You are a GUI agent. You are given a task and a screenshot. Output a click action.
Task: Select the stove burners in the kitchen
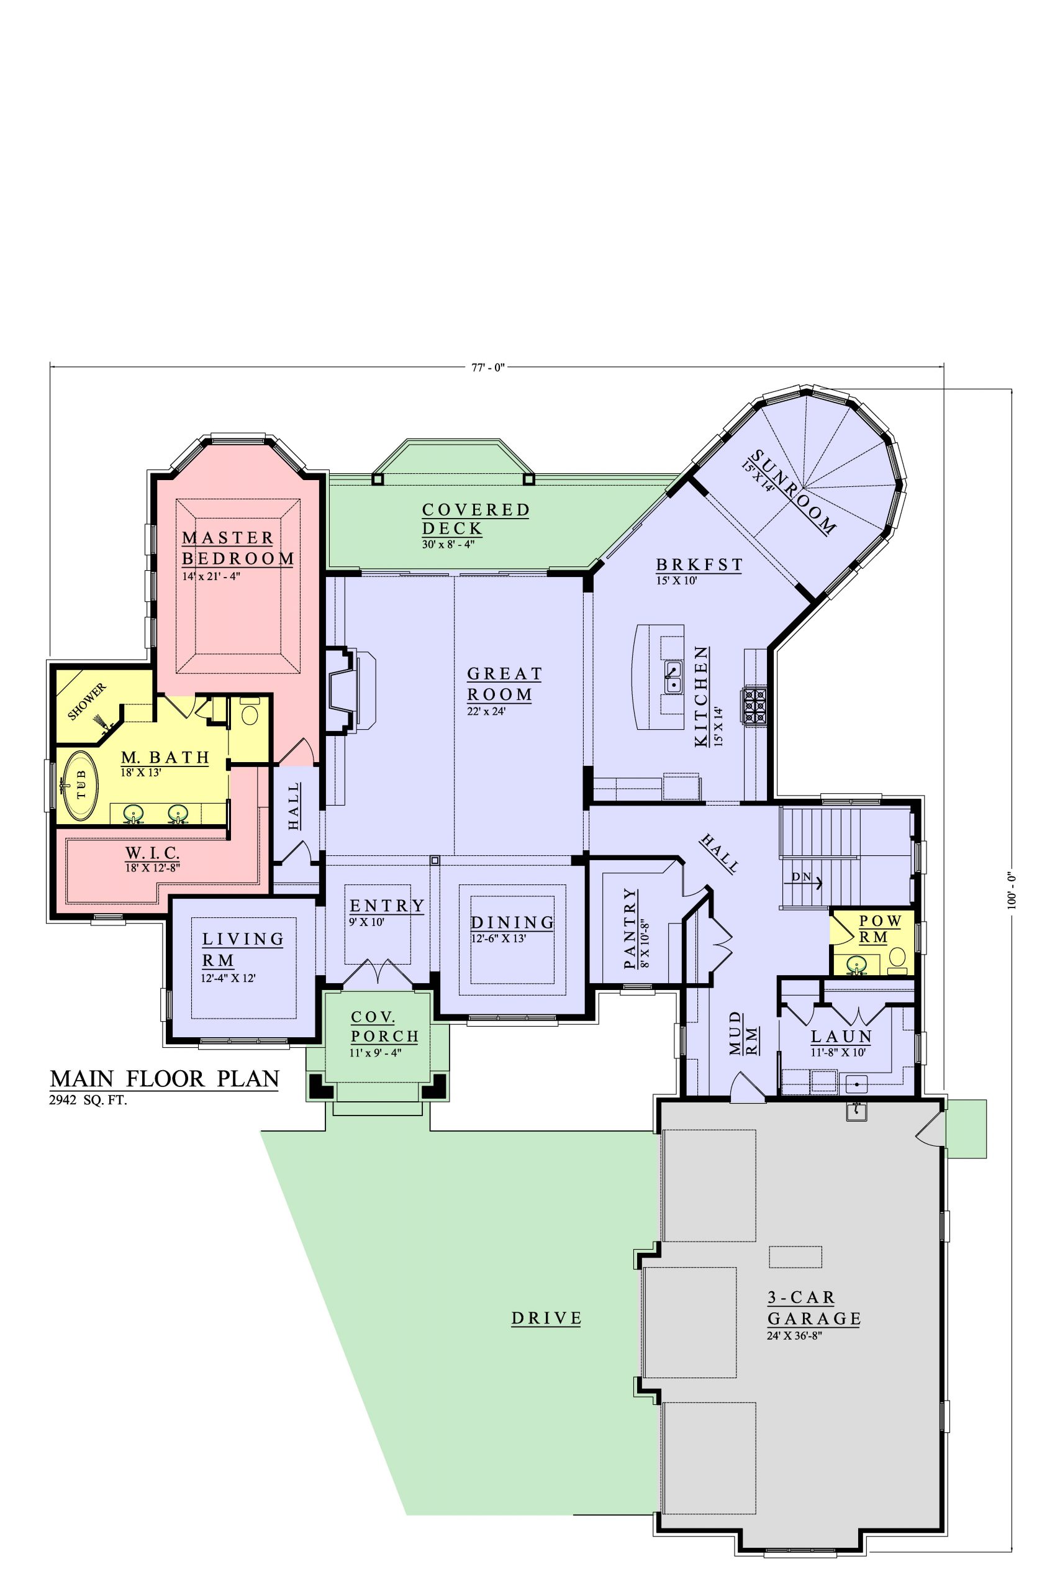click(x=754, y=706)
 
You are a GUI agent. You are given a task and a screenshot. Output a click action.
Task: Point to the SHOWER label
click(x=87, y=701)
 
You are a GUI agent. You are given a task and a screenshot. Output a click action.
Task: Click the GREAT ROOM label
click(x=504, y=684)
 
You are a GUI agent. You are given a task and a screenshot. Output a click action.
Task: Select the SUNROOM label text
click(x=794, y=492)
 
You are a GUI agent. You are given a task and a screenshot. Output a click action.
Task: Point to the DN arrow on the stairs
click(x=807, y=881)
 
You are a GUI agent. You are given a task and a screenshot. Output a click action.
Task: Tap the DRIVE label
click(x=546, y=1317)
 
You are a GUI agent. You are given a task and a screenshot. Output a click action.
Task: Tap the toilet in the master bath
click(x=250, y=714)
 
